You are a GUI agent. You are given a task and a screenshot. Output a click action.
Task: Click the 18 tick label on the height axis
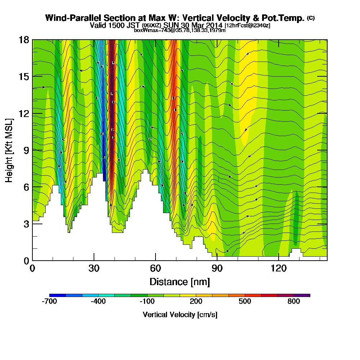pos(24,40)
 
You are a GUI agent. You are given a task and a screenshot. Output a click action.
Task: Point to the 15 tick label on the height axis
pos(24,76)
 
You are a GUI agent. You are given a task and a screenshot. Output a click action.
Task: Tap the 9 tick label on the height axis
pos(26,150)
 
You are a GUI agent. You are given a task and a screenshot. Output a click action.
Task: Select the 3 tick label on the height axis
pos(26,224)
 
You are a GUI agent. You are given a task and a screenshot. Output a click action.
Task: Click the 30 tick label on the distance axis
pos(94,268)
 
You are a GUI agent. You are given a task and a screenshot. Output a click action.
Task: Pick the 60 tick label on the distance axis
pos(156,268)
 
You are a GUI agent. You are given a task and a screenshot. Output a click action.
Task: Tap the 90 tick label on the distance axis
pos(217,268)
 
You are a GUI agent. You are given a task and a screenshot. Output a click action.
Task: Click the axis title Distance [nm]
pos(180,282)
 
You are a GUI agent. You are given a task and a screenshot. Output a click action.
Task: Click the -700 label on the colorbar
pos(49,302)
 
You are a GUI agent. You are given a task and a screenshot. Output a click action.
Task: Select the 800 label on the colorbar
pos(294,302)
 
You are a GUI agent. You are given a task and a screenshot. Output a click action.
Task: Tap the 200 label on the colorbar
pos(196,302)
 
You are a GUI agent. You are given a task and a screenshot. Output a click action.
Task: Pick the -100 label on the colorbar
pos(147,302)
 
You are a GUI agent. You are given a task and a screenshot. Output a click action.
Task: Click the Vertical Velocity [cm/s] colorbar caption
pos(180,315)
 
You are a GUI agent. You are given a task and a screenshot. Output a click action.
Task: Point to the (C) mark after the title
pos(311,18)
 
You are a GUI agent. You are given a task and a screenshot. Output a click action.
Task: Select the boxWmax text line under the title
pos(180,30)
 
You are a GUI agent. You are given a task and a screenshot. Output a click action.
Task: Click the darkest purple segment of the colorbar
pos(302,295)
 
